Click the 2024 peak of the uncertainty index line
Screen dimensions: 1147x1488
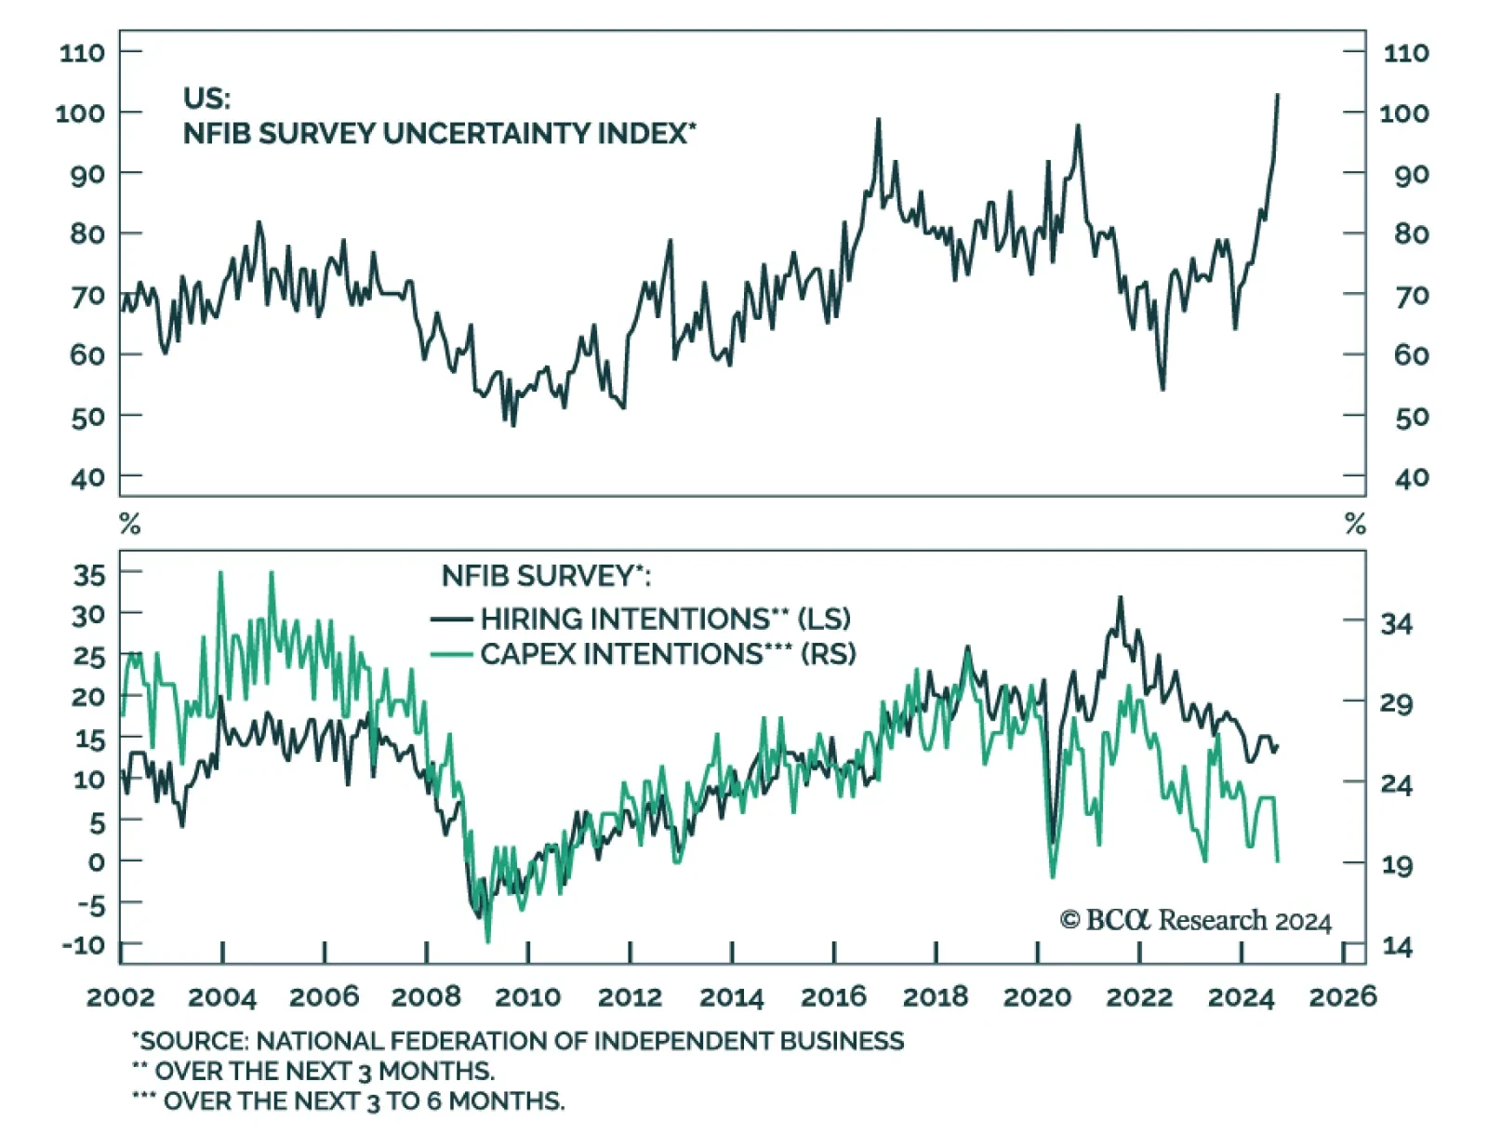1277,95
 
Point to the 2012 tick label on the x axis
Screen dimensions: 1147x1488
630,997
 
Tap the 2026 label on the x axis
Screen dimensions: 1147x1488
1342,997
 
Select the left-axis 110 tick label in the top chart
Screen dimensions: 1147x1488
82,52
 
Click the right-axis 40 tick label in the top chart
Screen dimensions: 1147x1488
1411,478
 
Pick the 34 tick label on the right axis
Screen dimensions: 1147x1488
1396,623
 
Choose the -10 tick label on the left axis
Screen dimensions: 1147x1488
84,945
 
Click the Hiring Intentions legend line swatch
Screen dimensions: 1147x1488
452,619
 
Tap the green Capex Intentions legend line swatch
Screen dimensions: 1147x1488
452,654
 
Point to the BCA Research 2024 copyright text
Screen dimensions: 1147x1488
1195,920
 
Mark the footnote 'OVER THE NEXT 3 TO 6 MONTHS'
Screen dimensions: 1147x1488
363,1101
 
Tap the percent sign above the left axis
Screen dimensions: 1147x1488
130,525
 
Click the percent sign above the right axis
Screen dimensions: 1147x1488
1355,525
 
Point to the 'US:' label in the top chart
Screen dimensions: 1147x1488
206,98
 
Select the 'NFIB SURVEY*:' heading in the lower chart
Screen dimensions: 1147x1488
546,576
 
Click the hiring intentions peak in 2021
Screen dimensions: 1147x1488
1120,598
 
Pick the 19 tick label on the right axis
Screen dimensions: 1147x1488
1396,865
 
